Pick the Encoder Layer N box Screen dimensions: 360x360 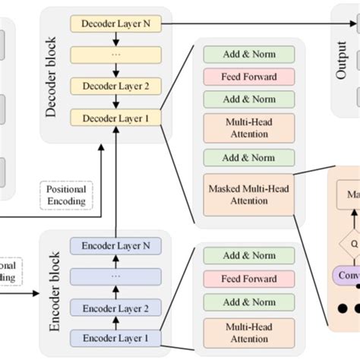click(x=116, y=247)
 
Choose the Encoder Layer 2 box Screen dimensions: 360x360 click(x=116, y=308)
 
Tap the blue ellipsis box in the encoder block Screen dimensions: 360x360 click(x=116, y=277)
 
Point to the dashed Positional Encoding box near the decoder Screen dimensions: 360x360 click(x=66, y=194)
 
